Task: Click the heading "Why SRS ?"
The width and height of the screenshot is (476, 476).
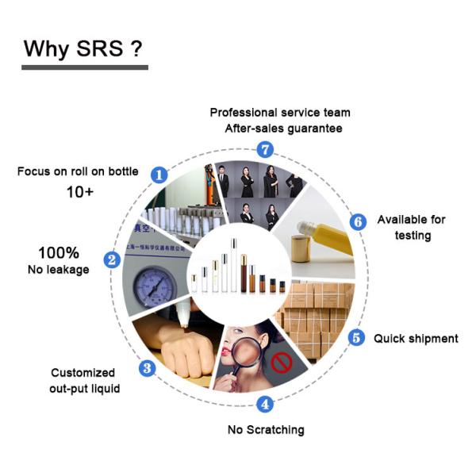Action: (x=83, y=48)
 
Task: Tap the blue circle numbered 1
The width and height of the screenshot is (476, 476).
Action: (x=159, y=175)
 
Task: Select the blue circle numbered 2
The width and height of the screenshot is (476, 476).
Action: (x=112, y=260)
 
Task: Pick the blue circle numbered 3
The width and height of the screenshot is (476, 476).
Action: (x=148, y=369)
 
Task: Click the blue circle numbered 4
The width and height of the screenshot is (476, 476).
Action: (x=265, y=405)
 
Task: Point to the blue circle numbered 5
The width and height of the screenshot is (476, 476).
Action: (x=357, y=338)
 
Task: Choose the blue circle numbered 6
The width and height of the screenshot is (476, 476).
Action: (x=359, y=222)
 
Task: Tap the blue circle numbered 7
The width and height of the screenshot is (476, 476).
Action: (x=265, y=149)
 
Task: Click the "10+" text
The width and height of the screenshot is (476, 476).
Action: (x=80, y=192)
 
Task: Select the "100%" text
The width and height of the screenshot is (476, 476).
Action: (x=59, y=252)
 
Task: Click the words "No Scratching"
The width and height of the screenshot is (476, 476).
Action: (x=266, y=430)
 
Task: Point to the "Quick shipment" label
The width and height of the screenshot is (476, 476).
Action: (x=416, y=339)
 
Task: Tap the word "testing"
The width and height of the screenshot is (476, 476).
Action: (x=413, y=236)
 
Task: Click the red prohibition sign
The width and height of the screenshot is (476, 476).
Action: (x=282, y=363)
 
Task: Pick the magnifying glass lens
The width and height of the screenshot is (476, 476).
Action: (x=247, y=351)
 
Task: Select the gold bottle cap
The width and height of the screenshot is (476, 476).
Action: (x=301, y=249)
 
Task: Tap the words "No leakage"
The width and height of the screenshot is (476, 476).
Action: (x=59, y=270)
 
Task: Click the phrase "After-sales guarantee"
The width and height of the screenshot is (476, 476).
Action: (x=283, y=129)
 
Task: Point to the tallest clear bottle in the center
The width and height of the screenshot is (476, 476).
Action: (x=233, y=265)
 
